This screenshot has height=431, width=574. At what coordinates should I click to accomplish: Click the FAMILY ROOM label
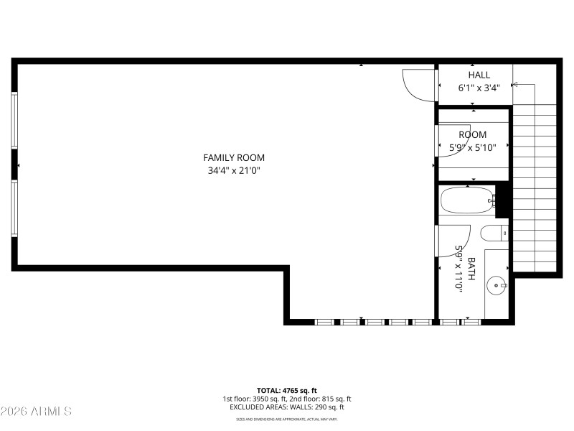coord(233,157)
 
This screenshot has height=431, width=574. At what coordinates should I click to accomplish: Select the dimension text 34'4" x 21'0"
coord(233,171)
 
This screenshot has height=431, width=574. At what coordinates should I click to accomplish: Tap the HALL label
coord(479,75)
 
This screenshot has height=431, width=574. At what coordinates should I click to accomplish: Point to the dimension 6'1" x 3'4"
coord(479,88)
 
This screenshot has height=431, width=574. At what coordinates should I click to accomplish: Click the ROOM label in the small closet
coord(472,134)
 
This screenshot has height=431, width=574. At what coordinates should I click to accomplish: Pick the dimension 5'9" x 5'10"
coord(472,148)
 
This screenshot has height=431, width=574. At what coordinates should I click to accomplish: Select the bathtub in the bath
coord(467,200)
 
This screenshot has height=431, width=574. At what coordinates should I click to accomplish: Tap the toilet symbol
coord(494,233)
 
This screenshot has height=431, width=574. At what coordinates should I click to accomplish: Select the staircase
coord(535,187)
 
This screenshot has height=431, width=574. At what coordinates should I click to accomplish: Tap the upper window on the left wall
coord(14,120)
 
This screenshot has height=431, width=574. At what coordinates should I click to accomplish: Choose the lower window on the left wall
coord(14,208)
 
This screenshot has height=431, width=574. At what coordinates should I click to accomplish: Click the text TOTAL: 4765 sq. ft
coord(286,390)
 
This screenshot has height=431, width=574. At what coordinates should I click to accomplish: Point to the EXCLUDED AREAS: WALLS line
coord(286,407)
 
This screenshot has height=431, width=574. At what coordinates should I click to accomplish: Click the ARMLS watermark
coord(36,412)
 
